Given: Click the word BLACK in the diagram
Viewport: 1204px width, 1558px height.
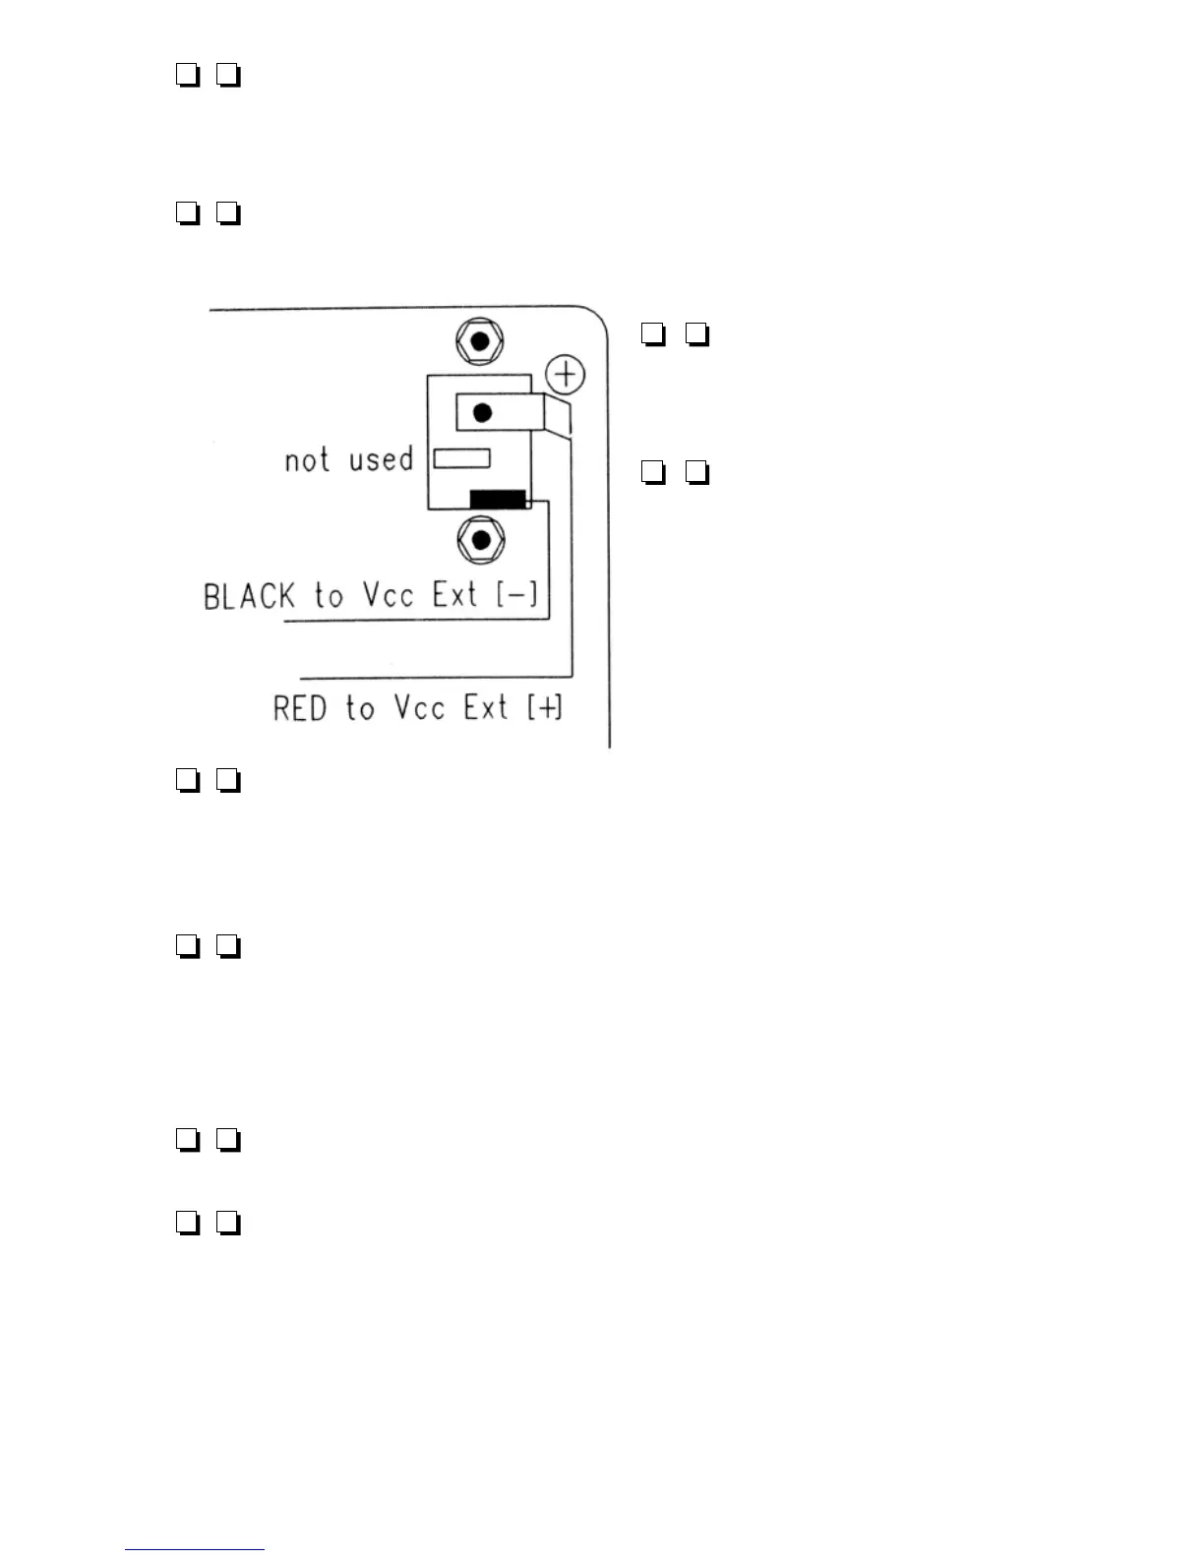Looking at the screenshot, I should pyautogui.click(x=249, y=596).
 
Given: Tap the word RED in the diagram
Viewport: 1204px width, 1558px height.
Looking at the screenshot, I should pyautogui.click(x=300, y=708).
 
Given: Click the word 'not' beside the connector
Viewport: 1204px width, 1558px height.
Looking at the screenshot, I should pyautogui.click(x=307, y=459).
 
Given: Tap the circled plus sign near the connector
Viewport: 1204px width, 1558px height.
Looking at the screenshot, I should pyautogui.click(x=566, y=375).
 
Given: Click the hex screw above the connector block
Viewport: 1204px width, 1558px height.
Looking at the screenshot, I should pyautogui.click(x=480, y=342).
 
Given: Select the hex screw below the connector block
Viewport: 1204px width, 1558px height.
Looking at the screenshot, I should pyautogui.click(x=481, y=540).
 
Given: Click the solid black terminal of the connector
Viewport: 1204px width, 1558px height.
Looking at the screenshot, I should pyautogui.click(x=498, y=500).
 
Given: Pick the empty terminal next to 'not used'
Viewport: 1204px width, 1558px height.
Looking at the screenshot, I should pyautogui.click(x=462, y=458).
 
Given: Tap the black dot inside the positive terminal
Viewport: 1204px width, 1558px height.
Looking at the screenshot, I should pyautogui.click(x=482, y=413).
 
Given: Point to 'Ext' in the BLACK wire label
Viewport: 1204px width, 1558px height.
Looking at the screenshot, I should pyautogui.click(x=455, y=595).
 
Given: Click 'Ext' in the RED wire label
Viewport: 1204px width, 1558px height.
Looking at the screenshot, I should pyautogui.click(x=486, y=707).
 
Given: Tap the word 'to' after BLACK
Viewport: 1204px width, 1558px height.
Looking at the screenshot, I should pyautogui.click(x=329, y=596).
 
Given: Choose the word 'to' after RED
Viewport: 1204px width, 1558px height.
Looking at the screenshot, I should pyautogui.click(x=360, y=708).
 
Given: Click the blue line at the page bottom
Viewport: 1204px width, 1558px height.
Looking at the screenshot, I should pyautogui.click(x=195, y=1550).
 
